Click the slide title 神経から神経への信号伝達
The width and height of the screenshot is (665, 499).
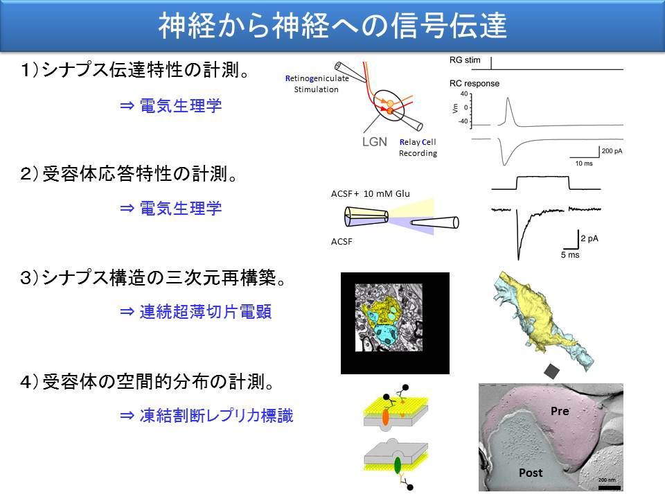[332, 26]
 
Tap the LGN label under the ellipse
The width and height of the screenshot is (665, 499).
[375, 141]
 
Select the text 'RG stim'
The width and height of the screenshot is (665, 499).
[465, 60]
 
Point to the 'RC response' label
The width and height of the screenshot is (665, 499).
[474, 84]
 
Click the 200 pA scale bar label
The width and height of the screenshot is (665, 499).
[612, 151]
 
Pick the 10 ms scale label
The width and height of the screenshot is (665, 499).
[584, 164]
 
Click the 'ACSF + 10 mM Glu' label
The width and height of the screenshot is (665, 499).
[370, 194]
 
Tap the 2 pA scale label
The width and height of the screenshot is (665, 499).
[589, 238]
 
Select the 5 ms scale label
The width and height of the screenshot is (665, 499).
[570, 254]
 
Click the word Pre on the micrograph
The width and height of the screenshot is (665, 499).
[560, 411]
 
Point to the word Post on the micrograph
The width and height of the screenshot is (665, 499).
[531, 473]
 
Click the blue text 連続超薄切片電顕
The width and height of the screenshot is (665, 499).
[205, 312]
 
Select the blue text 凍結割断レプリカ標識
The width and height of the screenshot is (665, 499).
[216, 416]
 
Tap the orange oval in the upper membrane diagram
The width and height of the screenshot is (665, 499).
[385, 417]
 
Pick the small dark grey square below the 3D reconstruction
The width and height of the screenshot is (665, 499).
[552, 371]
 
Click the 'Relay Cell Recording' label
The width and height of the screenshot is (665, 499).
[418, 148]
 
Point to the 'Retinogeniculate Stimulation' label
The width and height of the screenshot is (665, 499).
[317, 84]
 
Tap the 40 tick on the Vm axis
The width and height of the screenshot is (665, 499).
[464, 94]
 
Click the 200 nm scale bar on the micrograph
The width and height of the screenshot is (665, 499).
[609, 487]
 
